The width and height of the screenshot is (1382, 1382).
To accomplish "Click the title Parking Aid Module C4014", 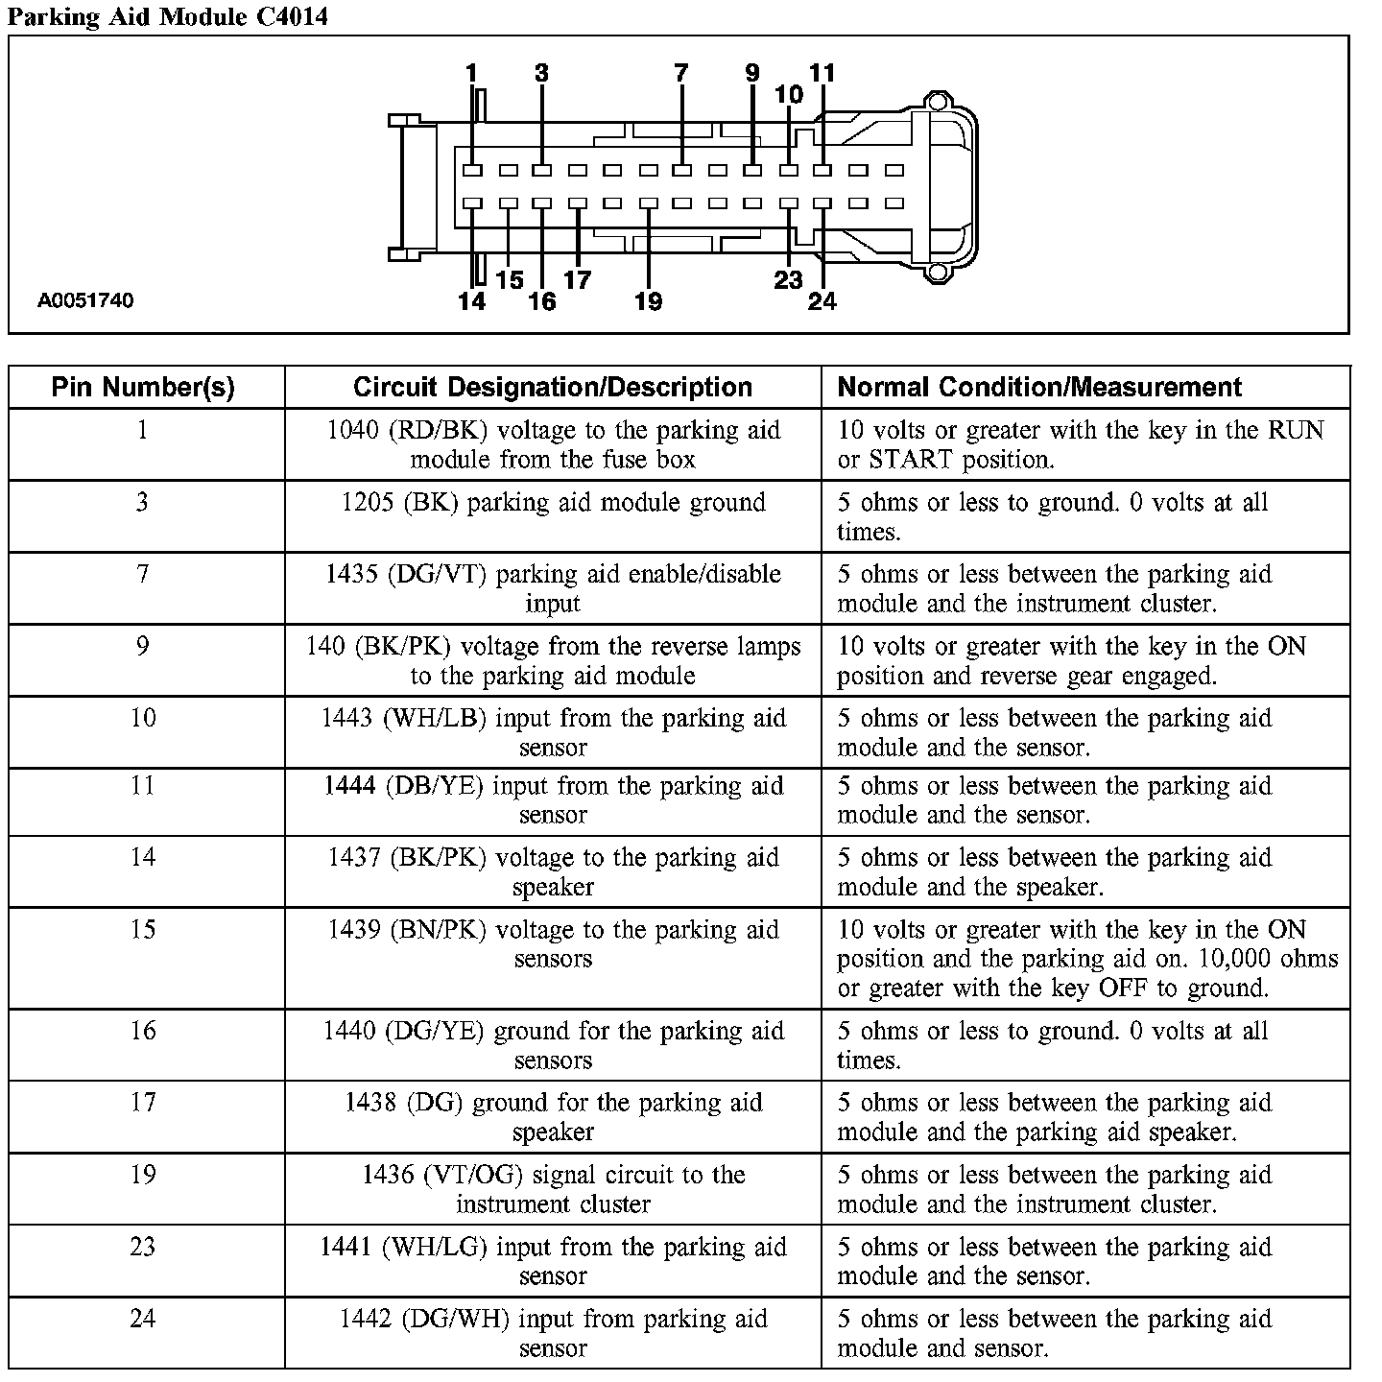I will [168, 16].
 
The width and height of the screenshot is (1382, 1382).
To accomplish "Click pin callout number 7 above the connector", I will [681, 73].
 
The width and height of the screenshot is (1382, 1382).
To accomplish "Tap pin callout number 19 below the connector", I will [649, 302].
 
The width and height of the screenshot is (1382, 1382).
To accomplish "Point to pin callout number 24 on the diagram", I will [822, 302].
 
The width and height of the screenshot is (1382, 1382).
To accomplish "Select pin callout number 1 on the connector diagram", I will [471, 73].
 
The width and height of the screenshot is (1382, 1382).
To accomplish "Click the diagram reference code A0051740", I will [85, 300].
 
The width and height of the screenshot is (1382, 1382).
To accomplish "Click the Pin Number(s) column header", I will [143, 387].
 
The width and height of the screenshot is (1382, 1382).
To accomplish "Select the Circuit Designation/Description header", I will [553, 387].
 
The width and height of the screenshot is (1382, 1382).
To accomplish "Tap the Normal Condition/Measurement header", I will [1039, 387].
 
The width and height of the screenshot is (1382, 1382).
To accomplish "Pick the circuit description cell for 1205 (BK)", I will [553, 503].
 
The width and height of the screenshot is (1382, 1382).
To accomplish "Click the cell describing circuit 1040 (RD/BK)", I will [553, 444].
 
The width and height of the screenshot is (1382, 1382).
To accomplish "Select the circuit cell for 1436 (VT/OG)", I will [553, 1189].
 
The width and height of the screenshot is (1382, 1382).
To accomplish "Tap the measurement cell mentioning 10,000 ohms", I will [1086, 959].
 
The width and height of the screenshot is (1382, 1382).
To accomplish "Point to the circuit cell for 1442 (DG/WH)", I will [553, 1333].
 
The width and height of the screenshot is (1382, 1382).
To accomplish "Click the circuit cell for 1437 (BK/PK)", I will [553, 871].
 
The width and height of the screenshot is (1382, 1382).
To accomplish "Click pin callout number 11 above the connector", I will [822, 73].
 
